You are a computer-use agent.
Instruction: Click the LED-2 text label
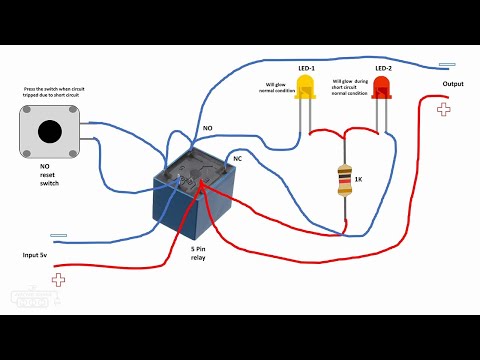coord(382,68)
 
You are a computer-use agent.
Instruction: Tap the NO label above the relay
coord(207,129)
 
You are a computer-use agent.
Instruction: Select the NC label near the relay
coord(238,157)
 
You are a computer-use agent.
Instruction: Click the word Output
coord(452,84)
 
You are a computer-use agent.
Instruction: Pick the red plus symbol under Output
coord(443,109)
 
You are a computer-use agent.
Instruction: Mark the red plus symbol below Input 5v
coord(59,280)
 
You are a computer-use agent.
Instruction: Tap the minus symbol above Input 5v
coord(58,236)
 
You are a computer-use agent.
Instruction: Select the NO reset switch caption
coord(50,176)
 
